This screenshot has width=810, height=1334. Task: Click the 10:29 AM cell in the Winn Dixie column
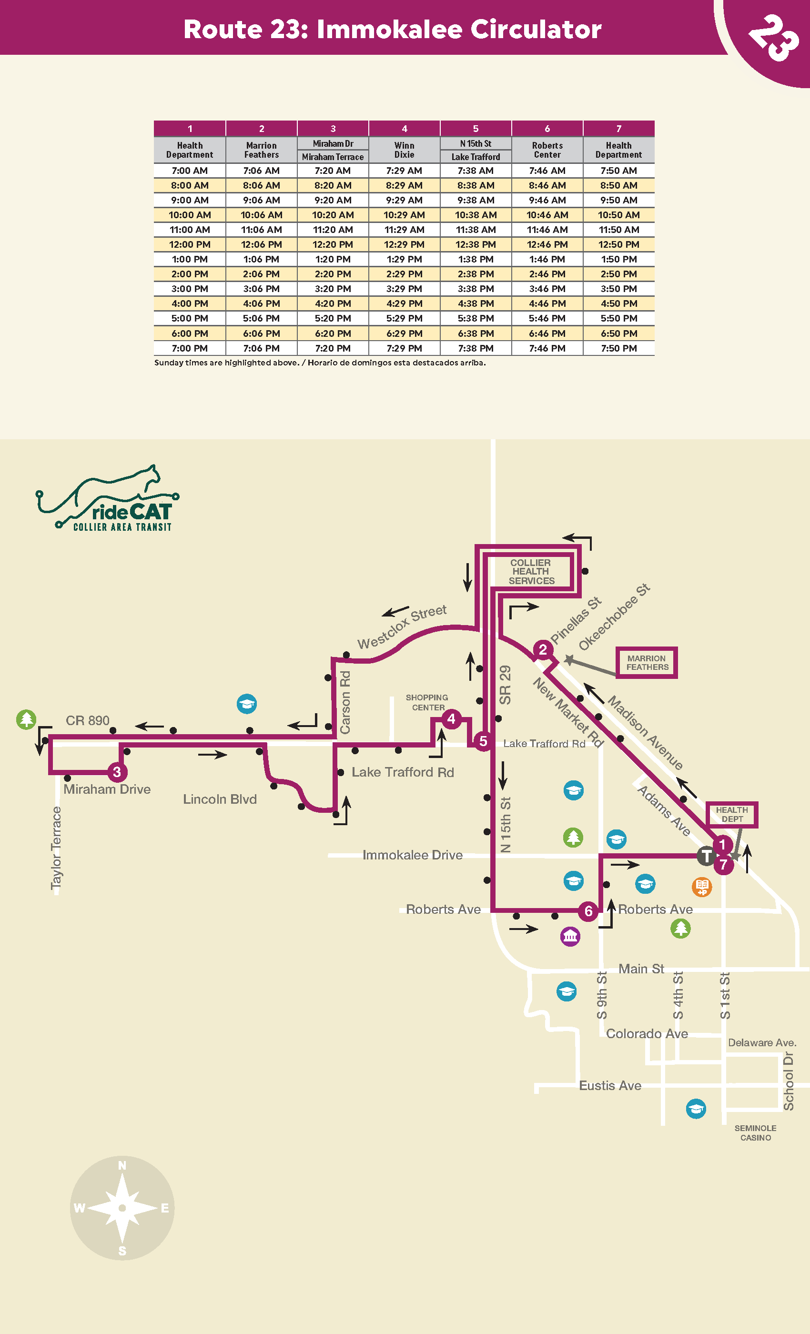point(404,215)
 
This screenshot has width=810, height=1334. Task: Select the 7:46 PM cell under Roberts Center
point(547,348)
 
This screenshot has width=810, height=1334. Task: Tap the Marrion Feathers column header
point(261,150)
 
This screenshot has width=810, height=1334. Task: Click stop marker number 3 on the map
point(117,772)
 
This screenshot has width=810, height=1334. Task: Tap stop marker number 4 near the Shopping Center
point(452,719)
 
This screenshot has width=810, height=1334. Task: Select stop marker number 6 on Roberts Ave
point(588,911)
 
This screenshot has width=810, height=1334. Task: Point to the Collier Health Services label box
point(531,572)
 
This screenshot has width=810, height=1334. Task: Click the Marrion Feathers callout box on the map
point(647,663)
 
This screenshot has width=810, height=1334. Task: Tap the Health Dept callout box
point(732,814)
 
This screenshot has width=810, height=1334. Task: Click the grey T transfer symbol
point(706,856)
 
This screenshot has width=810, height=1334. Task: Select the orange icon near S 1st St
point(702,887)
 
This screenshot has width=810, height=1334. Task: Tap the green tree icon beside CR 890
point(26,719)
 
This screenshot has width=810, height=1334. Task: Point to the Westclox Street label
point(402,627)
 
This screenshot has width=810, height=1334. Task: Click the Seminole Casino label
point(755,1132)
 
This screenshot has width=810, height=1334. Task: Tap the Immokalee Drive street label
point(413,855)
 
